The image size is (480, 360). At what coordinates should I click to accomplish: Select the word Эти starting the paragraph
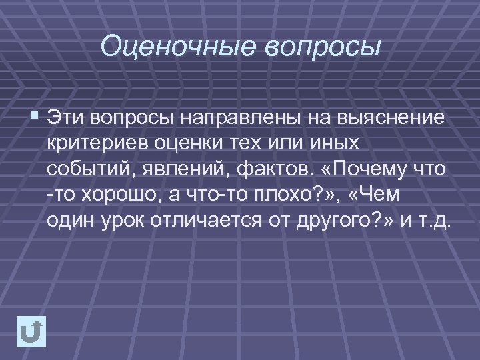(x=69, y=118)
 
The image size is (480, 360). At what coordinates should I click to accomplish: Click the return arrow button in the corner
(x=32, y=331)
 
